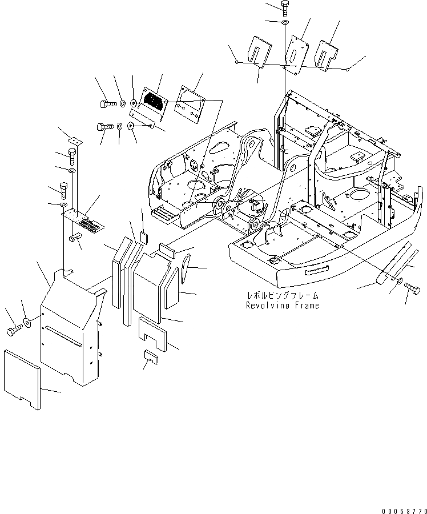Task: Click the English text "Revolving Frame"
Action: click(283, 306)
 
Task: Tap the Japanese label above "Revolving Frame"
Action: click(283, 296)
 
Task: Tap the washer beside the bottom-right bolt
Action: click(398, 280)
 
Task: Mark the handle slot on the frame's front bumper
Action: click(317, 268)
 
